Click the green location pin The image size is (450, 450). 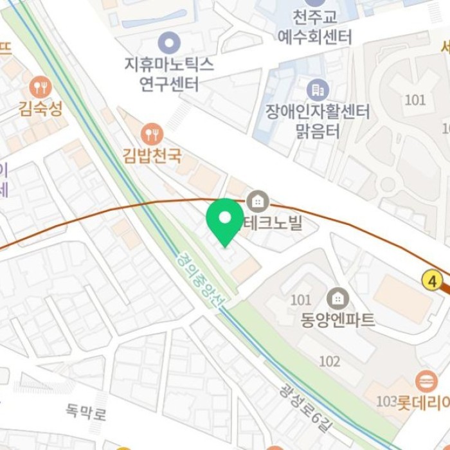tap(225, 220)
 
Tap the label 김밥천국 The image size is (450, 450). tap(152, 156)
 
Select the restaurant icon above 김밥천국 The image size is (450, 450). tap(152, 134)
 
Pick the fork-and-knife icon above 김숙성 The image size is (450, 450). tap(40, 87)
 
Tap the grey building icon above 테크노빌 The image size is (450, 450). tap(258, 202)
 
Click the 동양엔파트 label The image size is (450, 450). tap(337, 320)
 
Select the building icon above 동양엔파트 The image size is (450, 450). tap(337, 298)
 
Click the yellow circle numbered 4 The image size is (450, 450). tap(431, 280)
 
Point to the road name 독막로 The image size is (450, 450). tap(86, 410)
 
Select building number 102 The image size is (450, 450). tap(329, 361)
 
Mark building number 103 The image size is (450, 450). tap(386, 402)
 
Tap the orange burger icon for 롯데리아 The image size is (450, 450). tap(426, 381)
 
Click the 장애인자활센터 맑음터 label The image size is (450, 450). tap(317, 122)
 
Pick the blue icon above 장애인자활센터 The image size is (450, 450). tap(318, 89)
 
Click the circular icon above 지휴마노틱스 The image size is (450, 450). tap(169, 44)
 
